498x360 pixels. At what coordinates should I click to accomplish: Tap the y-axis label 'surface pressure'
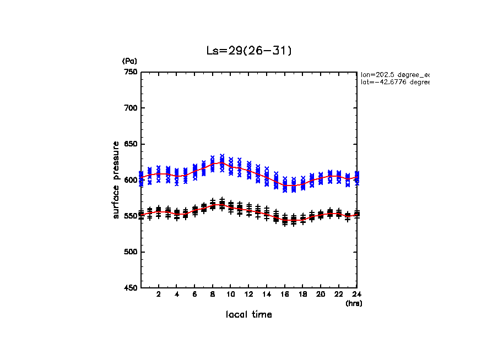116,179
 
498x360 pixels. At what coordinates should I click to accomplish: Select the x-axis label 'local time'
248,314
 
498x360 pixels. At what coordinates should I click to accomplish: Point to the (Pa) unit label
129,61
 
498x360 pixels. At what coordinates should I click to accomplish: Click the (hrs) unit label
354,303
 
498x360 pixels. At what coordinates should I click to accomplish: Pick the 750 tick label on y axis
131,72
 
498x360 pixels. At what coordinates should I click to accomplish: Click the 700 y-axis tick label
131,108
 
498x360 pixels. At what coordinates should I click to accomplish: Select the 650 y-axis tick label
131,144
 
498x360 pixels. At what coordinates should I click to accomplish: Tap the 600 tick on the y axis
131,180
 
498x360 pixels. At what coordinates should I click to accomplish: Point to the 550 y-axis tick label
131,216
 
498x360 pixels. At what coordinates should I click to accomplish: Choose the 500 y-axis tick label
131,252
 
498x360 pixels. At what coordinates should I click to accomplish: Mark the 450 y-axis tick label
131,288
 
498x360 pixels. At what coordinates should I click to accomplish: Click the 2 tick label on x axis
159,294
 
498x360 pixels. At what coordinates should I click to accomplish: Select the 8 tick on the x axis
213,294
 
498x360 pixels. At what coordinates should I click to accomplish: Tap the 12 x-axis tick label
248,294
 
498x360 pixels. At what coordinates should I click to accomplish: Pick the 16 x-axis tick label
285,294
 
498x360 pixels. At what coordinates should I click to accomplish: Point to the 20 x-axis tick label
321,294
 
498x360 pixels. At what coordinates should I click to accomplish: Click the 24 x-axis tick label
356,294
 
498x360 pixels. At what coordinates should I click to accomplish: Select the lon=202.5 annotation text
394,74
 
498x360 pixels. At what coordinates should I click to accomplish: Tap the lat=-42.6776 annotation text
394,82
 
